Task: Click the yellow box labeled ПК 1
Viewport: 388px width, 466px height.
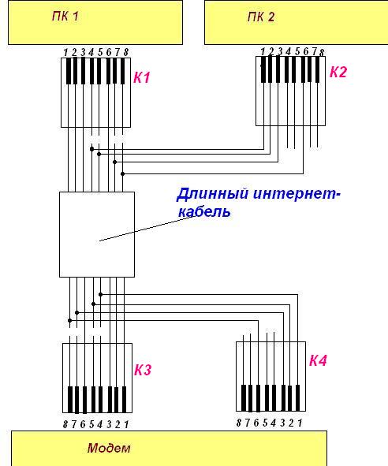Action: (x=95, y=23)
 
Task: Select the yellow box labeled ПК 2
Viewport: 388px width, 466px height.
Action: (x=297, y=23)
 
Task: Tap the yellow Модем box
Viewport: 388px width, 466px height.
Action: (x=169, y=448)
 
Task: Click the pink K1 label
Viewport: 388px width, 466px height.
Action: (x=141, y=77)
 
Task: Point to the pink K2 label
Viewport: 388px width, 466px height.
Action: (x=338, y=72)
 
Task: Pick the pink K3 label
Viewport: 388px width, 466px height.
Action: (x=143, y=370)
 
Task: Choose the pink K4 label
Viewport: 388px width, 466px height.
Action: (x=318, y=360)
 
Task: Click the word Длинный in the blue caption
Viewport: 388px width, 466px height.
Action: (x=213, y=194)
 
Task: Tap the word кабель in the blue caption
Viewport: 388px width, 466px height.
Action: (x=204, y=211)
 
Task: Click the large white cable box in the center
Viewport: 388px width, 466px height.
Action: (x=97, y=234)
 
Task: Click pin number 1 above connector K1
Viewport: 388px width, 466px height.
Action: (x=65, y=53)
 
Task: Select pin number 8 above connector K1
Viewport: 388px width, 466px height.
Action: (x=126, y=53)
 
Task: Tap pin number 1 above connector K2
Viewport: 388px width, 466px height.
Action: (x=263, y=52)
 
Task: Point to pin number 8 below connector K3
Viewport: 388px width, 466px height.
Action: (x=65, y=424)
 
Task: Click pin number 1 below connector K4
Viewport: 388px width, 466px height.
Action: (x=300, y=423)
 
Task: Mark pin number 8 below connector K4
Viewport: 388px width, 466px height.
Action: (x=239, y=423)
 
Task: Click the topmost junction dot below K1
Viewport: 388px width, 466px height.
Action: (x=91, y=149)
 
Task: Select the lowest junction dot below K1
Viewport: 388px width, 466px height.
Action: (x=122, y=173)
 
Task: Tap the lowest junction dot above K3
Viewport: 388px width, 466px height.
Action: (x=70, y=320)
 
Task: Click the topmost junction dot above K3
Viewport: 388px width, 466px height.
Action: (x=100, y=295)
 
